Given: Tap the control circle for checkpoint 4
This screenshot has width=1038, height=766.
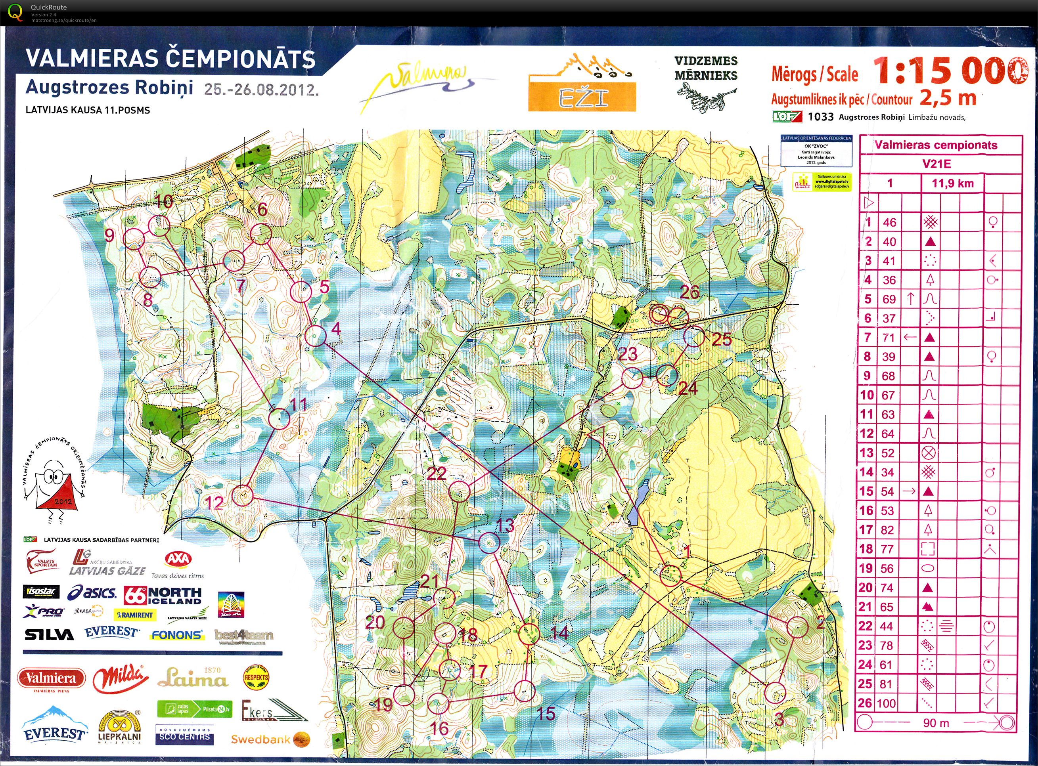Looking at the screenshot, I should (315, 336).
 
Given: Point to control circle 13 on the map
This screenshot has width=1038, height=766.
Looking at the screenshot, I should (488, 542).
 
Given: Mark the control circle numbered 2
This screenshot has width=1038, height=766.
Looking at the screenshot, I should (798, 627).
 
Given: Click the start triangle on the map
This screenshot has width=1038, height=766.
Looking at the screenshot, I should (595, 433).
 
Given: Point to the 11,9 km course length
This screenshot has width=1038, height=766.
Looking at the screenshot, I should (952, 183).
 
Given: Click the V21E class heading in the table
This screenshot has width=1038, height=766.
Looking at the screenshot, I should (936, 164).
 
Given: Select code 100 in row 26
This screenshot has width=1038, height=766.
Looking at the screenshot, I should (886, 703).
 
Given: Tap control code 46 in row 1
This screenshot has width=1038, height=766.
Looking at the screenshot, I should (889, 222).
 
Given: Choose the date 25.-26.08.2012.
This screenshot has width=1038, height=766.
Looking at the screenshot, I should (261, 89).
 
